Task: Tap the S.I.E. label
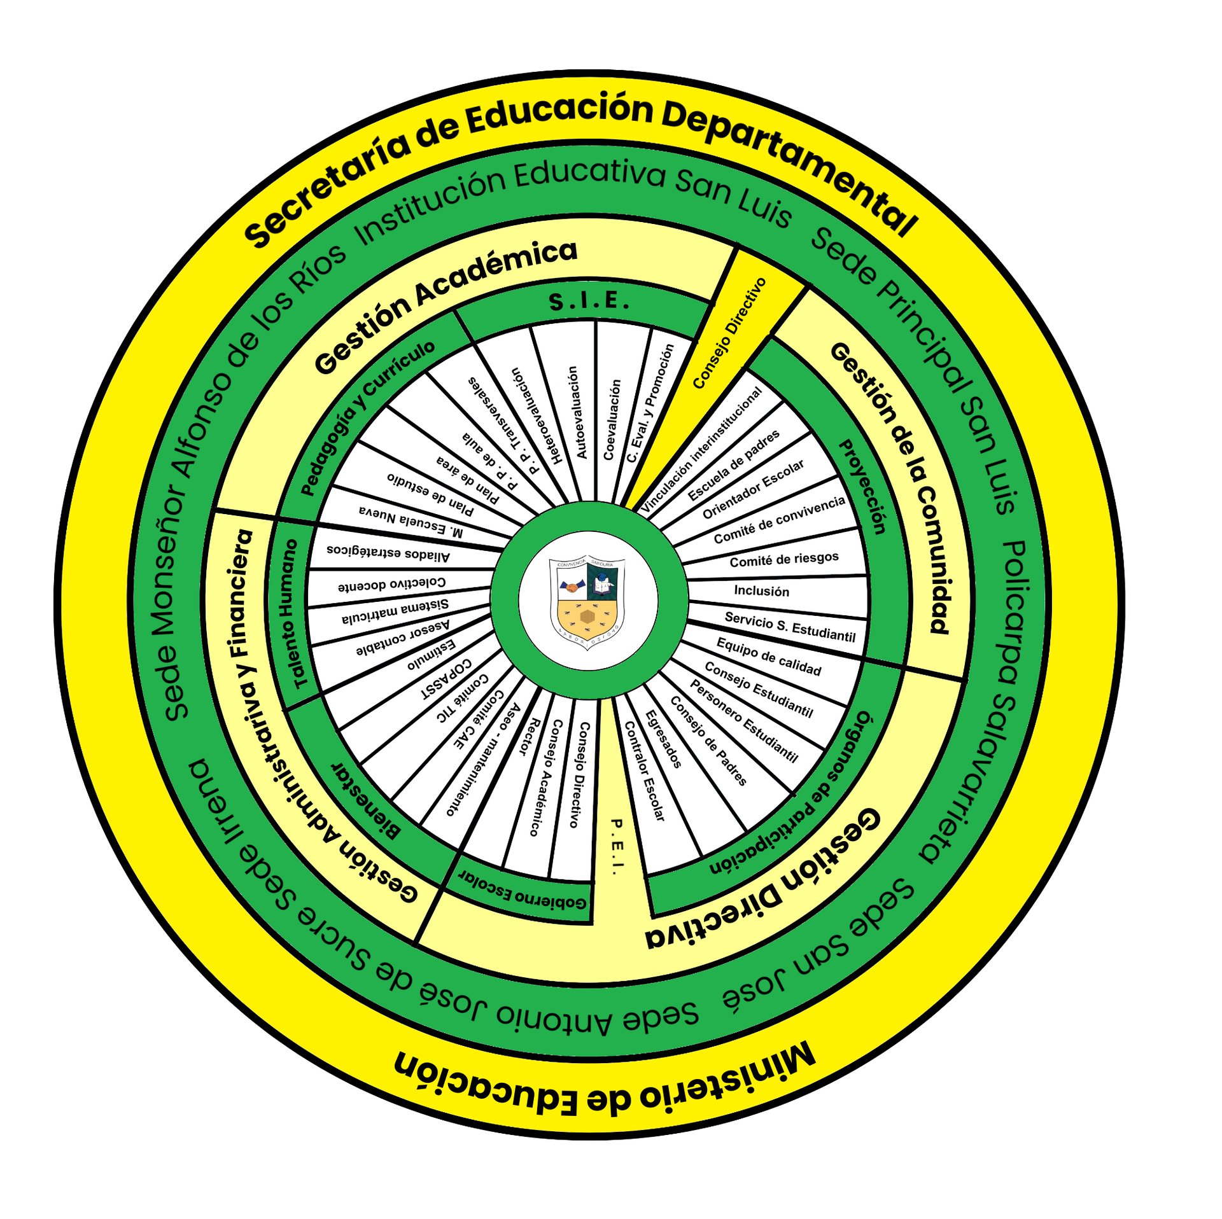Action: point(589,302)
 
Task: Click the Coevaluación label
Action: point(612,420)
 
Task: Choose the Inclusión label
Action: point(761,591)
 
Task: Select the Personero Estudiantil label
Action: point(743,721)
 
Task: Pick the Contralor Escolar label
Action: point(644,770)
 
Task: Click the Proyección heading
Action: point(863,487)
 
